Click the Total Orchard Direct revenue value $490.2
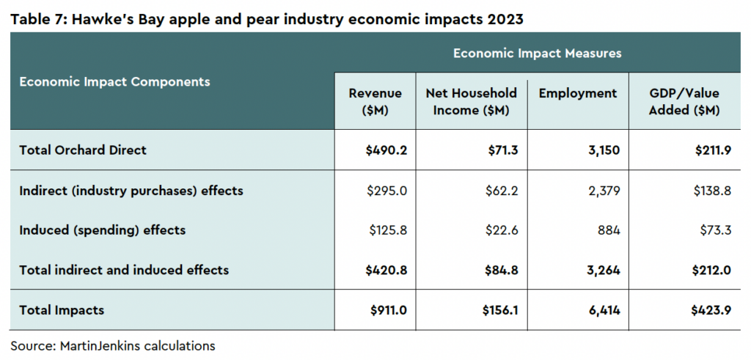tap(386, 150)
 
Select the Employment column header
tap(578, 93)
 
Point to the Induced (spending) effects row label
tap(102, 230)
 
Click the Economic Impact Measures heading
tap(538, 53)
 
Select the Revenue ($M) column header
tap(375, 101)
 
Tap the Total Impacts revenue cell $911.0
tap(389, 310)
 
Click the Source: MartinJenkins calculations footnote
tap(113, 345)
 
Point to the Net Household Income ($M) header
tap(472, 101)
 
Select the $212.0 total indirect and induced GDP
tap(711, 270)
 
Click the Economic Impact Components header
tap(114, 82)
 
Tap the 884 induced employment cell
tap(609, 230)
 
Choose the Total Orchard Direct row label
tap(83, 150)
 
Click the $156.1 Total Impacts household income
tap(500, 310)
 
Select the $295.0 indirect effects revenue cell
tap(387, 191)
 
